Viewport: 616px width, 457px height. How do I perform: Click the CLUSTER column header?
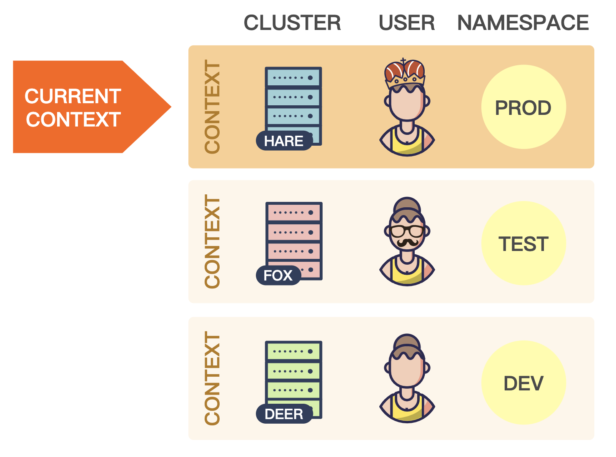click(x=292, y=22)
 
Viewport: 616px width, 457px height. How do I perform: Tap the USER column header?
click(x=406, y=22)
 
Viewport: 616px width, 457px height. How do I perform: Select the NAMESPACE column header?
click(x=523, y=22)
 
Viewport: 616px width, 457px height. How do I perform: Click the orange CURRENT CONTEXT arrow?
click(x=83, y=107)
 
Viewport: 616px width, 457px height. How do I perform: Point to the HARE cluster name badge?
click(x=284, y=141)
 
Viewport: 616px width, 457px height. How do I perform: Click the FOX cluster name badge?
click(x=278, y=276)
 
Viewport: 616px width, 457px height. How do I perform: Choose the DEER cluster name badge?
click(x=284, y=414)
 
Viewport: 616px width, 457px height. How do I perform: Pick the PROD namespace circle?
click(x=523, y=107)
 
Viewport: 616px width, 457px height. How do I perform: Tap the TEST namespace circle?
click(x=523, y=243)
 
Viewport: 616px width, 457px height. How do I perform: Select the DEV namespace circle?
click(x=523, y=383)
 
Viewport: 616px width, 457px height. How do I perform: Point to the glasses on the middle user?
click(x=407, y=231)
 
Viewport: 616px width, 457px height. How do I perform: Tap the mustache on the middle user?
click(x=407, y=243)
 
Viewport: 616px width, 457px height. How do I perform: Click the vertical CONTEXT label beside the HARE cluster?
click(x=212, y=107)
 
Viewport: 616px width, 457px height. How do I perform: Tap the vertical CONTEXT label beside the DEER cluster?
click(x=212, y=378)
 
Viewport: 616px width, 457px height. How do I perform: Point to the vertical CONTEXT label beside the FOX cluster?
click(x=212, y=241)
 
